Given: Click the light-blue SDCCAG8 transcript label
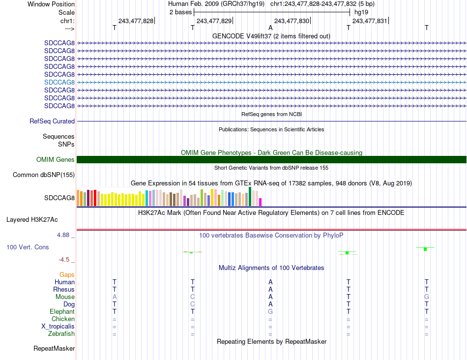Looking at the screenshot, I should (x=59, y=82).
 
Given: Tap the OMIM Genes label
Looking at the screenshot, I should (x=56, y=159).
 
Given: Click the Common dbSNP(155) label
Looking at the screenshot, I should (x=44, y=175).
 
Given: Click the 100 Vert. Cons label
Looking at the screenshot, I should (x=28, y=247).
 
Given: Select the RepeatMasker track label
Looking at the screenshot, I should (x=54, y=349).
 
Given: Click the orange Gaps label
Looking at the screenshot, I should (x=67, y=274).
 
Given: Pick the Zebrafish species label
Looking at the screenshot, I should (x=62, y=334).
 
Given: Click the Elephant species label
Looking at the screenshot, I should (x=62, y=311).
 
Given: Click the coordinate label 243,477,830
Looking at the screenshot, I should (x=292, y=21).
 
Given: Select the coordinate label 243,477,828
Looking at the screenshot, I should (x=136, y=21).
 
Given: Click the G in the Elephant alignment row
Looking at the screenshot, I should (x=270, y=311).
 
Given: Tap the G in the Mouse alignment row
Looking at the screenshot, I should (x=426, y=297).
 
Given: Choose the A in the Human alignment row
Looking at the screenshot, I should (x=270, y=282).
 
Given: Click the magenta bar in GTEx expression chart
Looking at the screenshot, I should (x=261, y=202).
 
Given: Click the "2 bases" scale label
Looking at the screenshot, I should (x=180, y=12).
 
